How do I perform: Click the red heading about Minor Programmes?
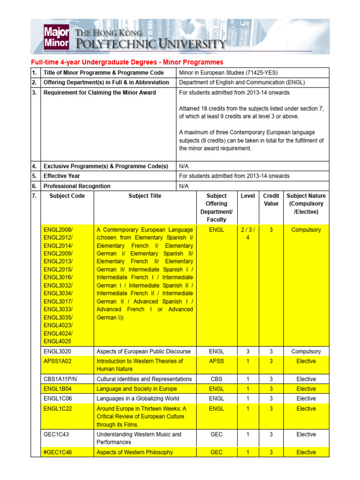point(127,62)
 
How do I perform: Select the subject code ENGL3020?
point(57,352)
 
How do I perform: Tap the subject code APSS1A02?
point(59,361)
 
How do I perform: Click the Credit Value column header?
point(271,200)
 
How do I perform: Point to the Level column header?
point(247,196)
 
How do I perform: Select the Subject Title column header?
point(145,196)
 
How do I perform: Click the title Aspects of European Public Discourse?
point(143,352)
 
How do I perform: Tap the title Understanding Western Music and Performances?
point(139,438)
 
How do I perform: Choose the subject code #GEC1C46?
point(59,452)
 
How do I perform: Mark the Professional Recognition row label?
point(77,186)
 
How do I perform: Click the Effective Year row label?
point(61,176)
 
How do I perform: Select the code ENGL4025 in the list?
point(58,341)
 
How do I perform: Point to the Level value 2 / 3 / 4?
point(247,233)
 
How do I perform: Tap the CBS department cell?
point(216,379)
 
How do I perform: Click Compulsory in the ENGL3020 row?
point(306,352)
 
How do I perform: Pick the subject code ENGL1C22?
point(58,409)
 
